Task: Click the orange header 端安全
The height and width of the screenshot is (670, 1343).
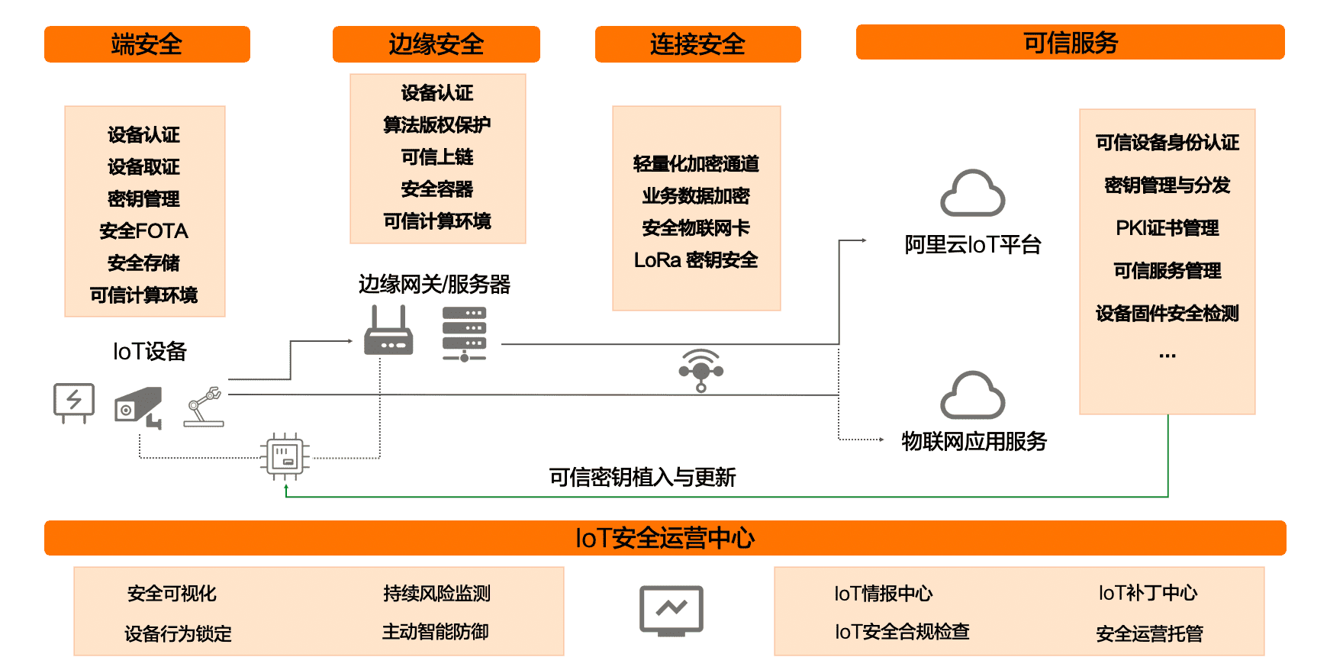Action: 147,44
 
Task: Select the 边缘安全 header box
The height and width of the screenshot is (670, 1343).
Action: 436,44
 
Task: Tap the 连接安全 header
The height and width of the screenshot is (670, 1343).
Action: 697,44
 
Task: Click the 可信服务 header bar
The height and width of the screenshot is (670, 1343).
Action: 1070,43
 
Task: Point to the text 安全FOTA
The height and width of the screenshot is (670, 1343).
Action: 143,230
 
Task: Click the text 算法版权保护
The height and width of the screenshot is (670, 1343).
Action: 436,124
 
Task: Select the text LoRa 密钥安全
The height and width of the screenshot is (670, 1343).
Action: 695,260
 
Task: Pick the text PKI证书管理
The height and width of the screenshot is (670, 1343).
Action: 1167,228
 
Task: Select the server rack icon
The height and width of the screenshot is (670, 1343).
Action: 464,333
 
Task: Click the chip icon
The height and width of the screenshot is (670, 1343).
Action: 285,456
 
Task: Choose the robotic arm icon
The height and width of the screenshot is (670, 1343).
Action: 205,407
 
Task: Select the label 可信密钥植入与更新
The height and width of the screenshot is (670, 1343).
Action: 642,478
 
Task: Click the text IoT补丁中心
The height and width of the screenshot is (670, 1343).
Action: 1148,593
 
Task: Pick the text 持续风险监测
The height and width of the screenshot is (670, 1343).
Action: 436,593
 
